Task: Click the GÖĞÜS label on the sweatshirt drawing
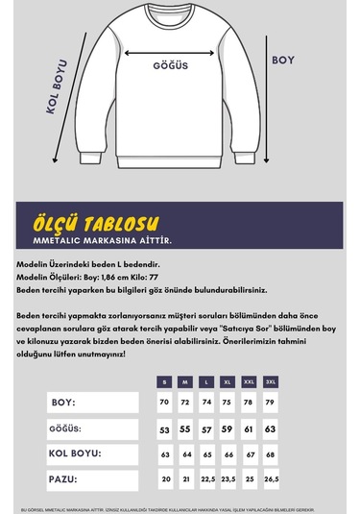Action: (x=169, y=66)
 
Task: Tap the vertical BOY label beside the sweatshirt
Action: (x=283, y=60)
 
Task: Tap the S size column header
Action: (x=165, y=381)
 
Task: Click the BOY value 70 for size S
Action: (x=165, y=402)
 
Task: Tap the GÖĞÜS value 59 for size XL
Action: (x=228, y=428)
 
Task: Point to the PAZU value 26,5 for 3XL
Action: (x=271, y=477)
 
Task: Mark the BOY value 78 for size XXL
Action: (x=250, y=402)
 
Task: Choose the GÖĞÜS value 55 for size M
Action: (x=186, y=428)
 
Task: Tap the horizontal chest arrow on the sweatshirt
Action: (x=168, y=55)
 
